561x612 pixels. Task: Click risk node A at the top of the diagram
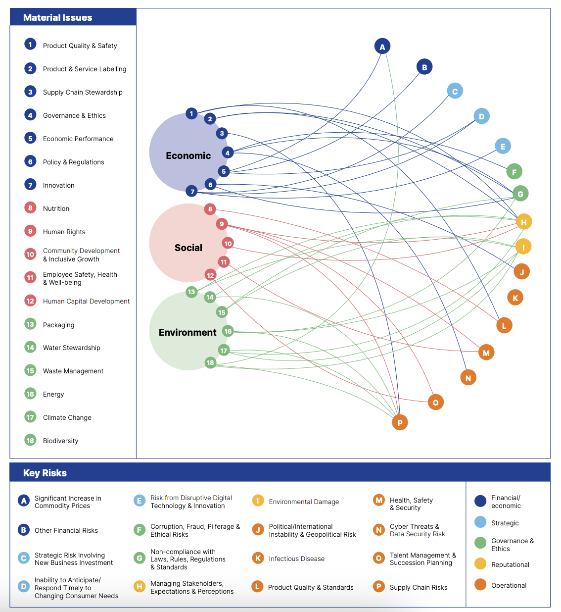point(382,47)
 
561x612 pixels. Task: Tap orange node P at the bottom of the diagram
point(400,422)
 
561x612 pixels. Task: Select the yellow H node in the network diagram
point(523,222)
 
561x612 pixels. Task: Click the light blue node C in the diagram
point(455,91)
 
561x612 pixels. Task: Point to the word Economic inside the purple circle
point(188,156)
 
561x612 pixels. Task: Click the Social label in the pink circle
point(188,248)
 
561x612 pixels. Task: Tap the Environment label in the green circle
point(187,333)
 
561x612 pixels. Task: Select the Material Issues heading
point(57,18)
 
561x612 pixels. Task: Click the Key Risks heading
point(45,473)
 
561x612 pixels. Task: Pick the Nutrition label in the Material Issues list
point(56,209)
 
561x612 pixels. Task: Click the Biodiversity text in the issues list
point(60,441)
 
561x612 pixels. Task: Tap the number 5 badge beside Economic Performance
point(30,138)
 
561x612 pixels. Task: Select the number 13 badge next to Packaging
point(30,324)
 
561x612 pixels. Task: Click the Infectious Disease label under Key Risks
point(296,559)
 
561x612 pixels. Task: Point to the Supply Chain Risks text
point(418,588)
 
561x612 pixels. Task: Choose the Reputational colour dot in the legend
point(480,564)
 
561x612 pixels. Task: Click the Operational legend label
point(509,586)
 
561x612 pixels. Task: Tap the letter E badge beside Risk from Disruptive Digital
point(140,501)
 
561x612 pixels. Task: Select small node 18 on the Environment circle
point(210,362)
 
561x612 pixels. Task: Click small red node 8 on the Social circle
point(210,209)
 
